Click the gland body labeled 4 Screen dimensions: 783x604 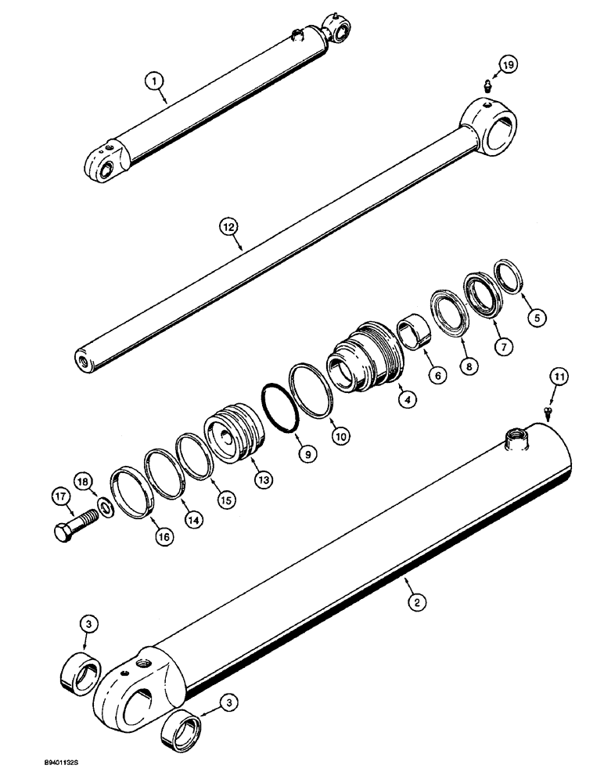coord(364,357)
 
